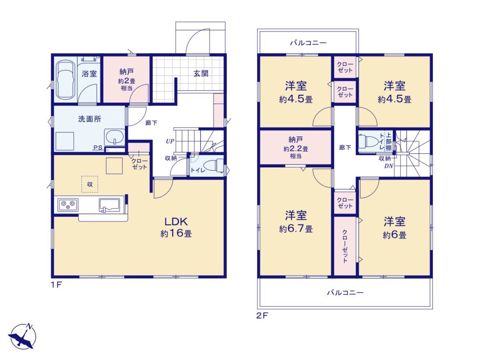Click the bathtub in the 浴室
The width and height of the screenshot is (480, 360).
point(65,80)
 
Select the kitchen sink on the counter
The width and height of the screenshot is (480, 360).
point(110,205)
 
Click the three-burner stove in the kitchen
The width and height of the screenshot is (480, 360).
point(68,204)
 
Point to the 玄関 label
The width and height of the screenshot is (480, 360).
point(201,73)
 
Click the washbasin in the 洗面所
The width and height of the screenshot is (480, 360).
point(115,137)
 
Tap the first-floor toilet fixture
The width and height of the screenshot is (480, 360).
point(214,166)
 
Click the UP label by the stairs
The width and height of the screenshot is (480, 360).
point(170,141)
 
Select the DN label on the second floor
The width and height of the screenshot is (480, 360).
point(389,166)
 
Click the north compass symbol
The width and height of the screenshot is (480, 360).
point(22,336)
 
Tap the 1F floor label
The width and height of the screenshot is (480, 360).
point(56,284)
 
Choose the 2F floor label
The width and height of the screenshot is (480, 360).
point(262,315)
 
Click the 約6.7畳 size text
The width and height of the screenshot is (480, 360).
point(296,228)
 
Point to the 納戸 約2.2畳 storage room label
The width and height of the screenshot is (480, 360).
point(296,148)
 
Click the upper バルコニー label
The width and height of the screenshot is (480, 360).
point(308,43)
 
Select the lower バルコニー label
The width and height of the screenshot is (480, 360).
point(345,293)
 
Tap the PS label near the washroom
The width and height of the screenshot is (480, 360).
point(98,147)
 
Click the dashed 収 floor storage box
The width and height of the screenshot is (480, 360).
point(90,184)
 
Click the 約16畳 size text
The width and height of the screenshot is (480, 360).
point(176,234)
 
